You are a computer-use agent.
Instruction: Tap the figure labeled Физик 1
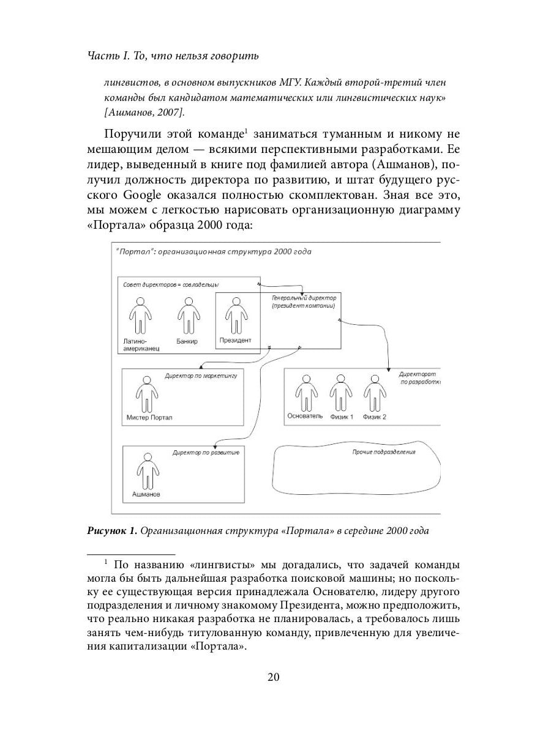341,391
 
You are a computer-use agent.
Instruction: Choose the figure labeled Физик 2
375,391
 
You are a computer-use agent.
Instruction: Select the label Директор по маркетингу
201,375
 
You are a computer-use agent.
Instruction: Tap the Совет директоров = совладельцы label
171,284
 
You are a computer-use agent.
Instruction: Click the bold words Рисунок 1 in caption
112,531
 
